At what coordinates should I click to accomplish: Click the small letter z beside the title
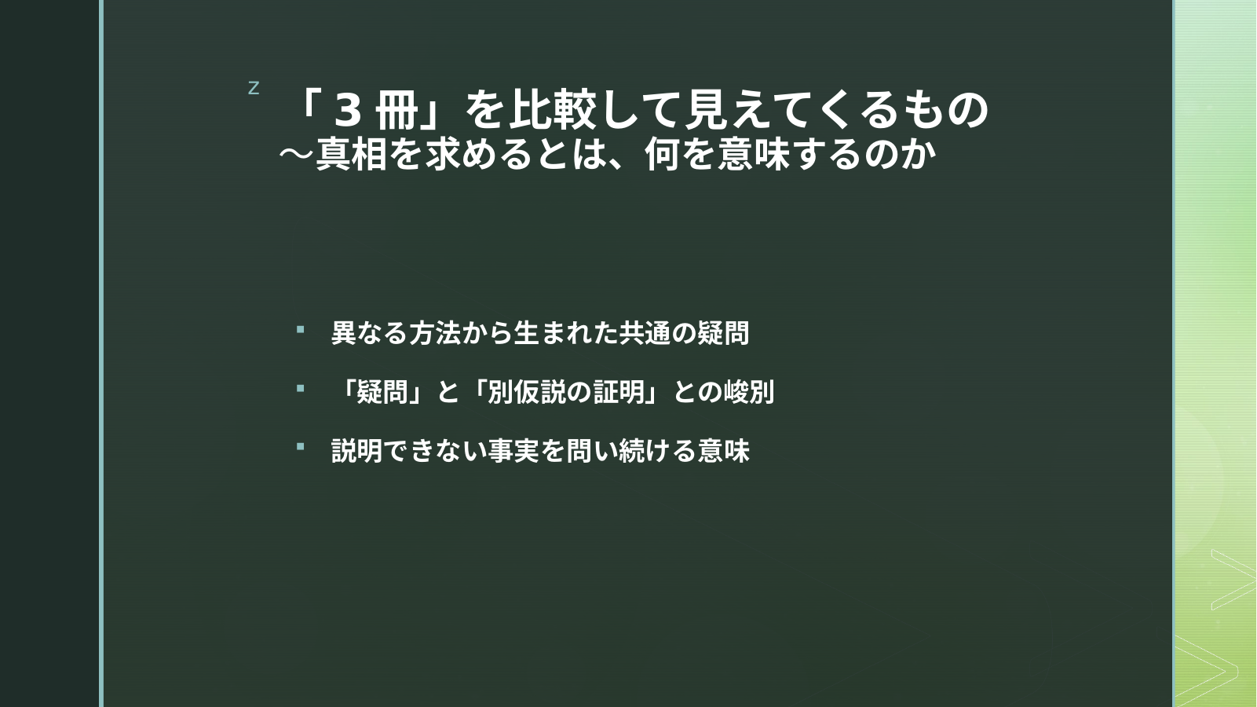click(x=254, y=88)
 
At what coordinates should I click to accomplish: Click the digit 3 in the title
click(x=348, y=111)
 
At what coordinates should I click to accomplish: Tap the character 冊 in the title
click(x=396, y=110)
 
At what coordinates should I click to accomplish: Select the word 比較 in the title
click(x=552, y=109)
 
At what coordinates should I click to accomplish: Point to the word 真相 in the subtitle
click(x=352, y=154)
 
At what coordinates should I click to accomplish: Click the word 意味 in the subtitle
click(x=755, y=154)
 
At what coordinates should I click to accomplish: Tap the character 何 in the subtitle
click(x=663, y=154)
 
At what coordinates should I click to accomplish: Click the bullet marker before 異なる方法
click(x=300, y=330)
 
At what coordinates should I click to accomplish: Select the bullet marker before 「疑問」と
click(x=300, y=388)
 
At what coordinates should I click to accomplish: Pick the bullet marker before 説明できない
click(x=300, y=447)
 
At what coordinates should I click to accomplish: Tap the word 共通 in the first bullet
click(x=645, y=333)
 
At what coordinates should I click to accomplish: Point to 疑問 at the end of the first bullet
click(x=723, y=333)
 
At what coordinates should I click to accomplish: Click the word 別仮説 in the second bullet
click(x=526, y=392)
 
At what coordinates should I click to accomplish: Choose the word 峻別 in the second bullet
click(x=749, y=392)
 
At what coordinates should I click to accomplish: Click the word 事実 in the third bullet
click(x=513, y=451)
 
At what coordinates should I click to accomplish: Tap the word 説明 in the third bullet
click(x=357, y=451)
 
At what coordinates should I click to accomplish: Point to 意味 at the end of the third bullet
click(x=723, y=451)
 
